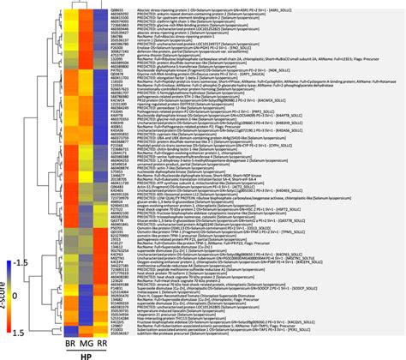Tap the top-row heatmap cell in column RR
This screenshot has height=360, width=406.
pyautogui.click(x=102, y=4)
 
